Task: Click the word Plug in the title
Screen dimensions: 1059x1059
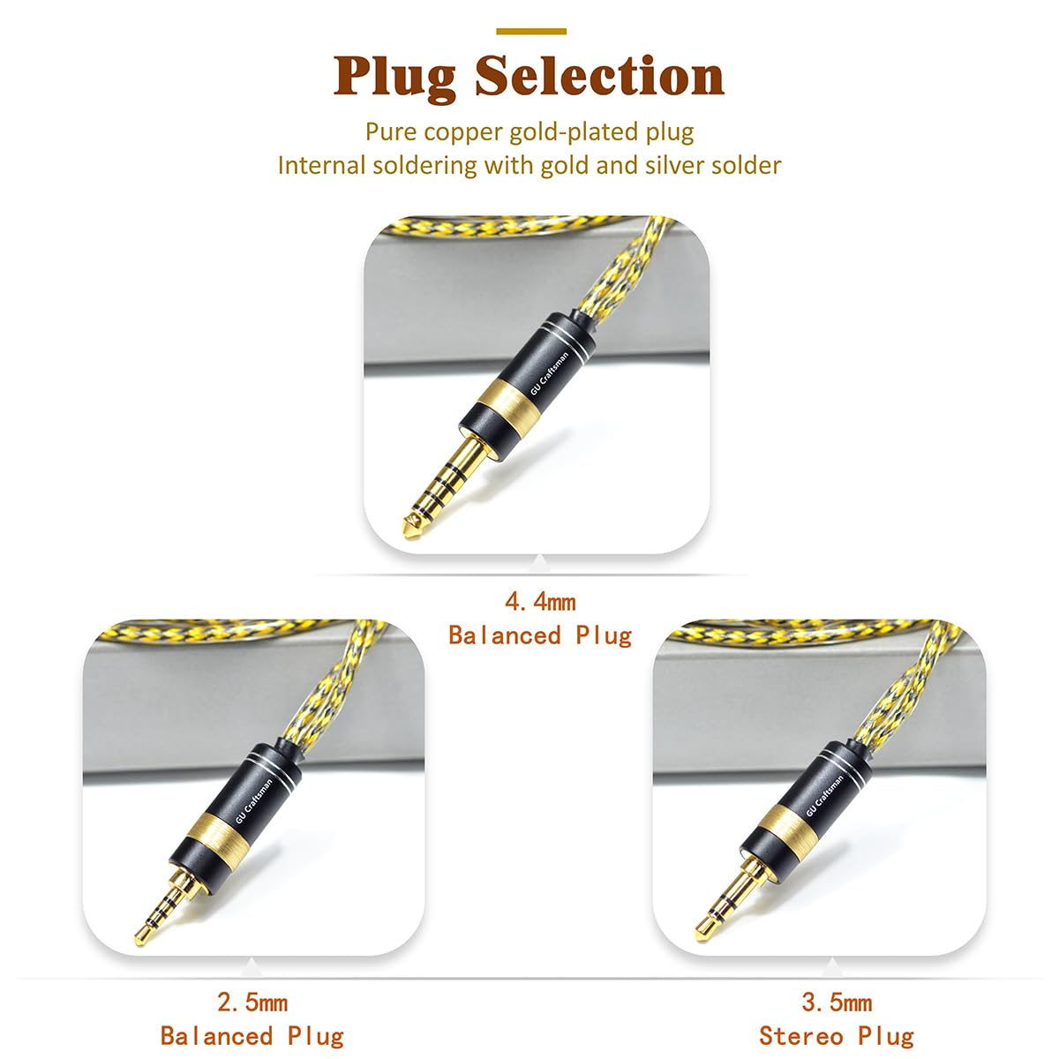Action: (394, 77)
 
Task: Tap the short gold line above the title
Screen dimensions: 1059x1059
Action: (531, 32)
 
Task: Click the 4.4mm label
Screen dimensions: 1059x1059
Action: (540, 602)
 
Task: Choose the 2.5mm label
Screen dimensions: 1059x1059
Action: (252, 1003)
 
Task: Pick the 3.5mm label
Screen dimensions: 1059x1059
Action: (837, 1003)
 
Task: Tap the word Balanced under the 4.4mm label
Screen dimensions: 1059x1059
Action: (505, 635)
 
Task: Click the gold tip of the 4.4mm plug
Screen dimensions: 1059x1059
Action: (411, 530)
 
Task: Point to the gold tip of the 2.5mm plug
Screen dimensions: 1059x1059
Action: (141, 935)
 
